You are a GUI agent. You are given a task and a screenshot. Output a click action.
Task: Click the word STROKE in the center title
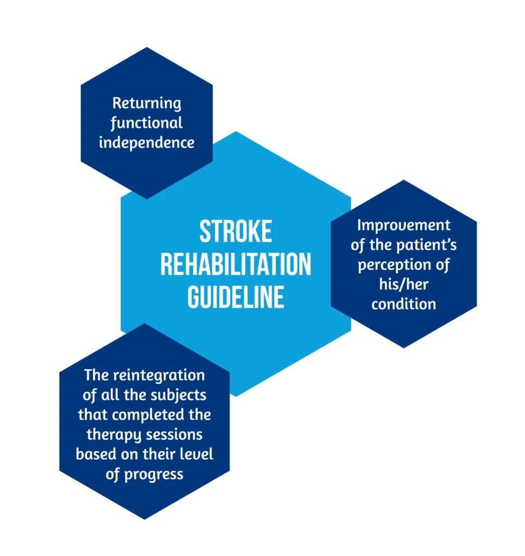pyautogui.click(x=236, y=232)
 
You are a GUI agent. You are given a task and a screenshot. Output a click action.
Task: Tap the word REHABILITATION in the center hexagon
pyautogui.click(x=236, y=264)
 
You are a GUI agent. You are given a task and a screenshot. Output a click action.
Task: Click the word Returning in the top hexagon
pyautogui.click(x=147, y=103)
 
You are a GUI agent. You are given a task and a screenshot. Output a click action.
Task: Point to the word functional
pyautogui.click(x=147, y=123)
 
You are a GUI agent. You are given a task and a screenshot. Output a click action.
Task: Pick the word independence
pyautogui.click(x=147, y=143)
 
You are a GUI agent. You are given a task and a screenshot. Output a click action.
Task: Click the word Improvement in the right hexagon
pyautogui.click(x=403, y=225)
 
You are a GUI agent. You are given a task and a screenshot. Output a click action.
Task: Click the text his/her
pyautogui.click(x=403, y=284)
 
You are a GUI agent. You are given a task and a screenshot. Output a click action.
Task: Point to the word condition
pyautogui.click(x=403, y=303)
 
